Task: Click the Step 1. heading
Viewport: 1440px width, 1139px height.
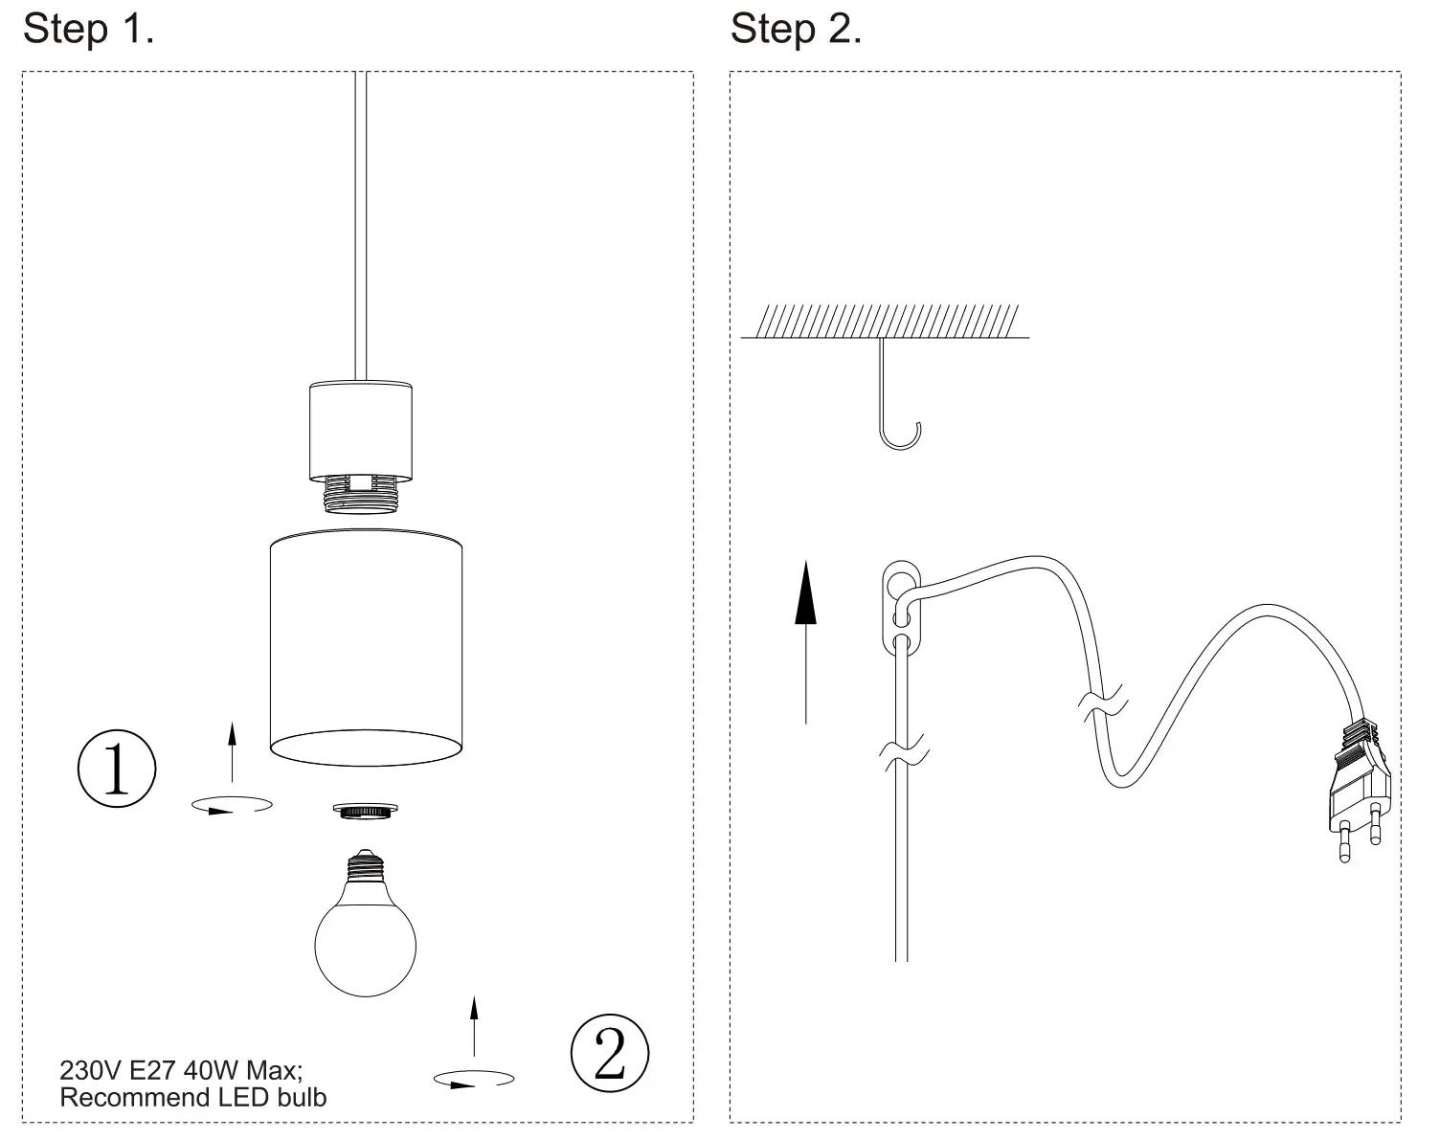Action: (x=88, y=29)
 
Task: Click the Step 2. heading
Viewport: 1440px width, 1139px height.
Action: (x=796, y=29)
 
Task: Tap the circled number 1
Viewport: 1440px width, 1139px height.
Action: (x=116, y=769)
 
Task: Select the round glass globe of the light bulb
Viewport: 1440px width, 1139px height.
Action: (x=366, y=945)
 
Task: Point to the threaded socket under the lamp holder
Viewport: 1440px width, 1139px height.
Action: (x=360, y=496)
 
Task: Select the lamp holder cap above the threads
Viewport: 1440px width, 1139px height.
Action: (x=360, y=431)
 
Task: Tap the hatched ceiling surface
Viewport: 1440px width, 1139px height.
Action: (x=885, y=322)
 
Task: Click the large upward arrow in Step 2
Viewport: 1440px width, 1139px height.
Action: (x=806, y=641)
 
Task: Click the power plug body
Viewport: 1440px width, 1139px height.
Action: (x=1358, y=780)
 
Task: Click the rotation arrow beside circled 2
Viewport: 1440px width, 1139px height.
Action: (x=473, y=1079)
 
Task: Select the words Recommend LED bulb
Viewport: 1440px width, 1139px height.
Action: (x=192, y=1097)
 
